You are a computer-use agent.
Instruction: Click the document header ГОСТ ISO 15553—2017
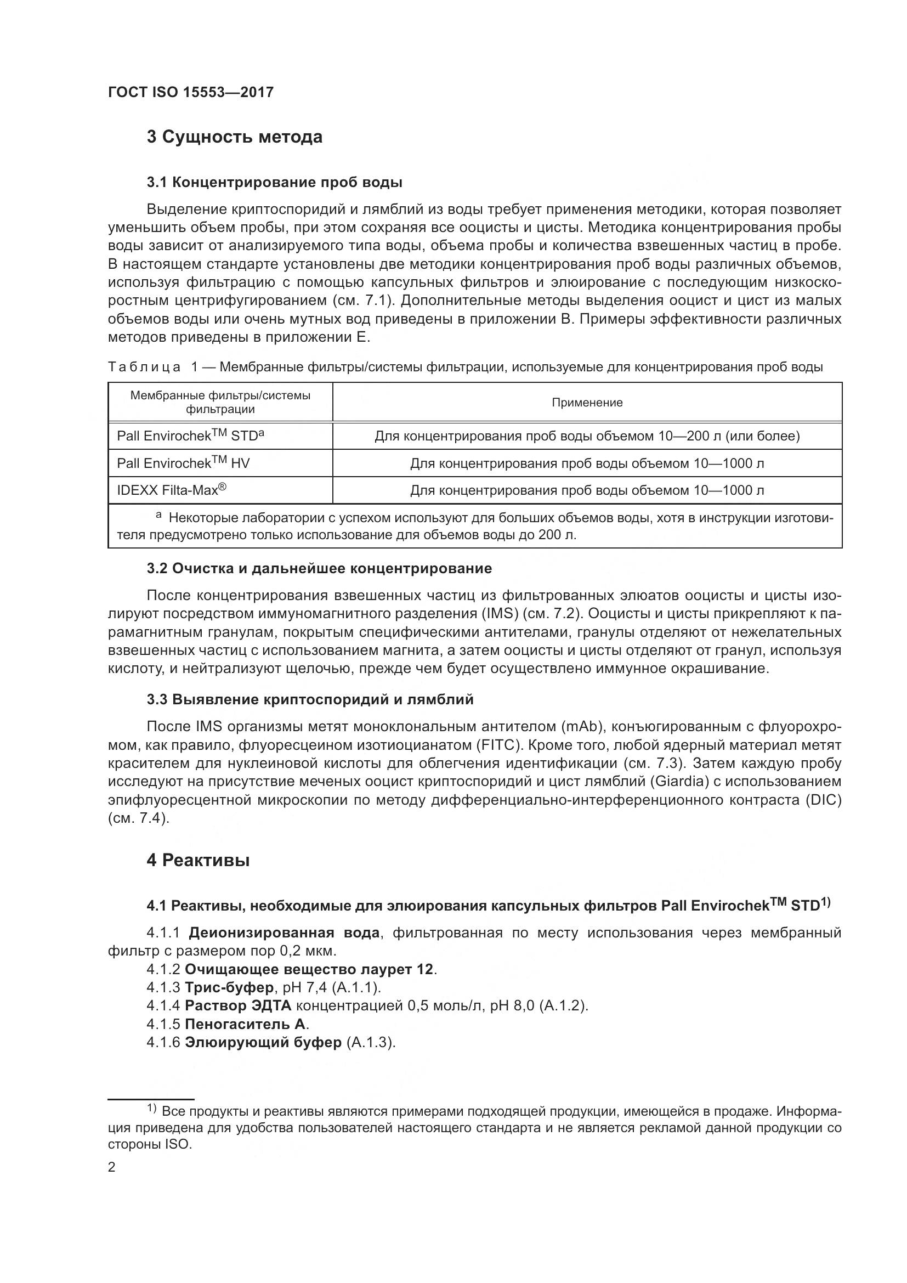pyautogui.click(x=190, y=93)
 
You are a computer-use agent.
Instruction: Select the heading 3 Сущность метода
pyautogui.click(x=234, y=137)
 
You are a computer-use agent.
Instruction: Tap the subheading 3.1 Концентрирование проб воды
pyautogui.click(x=274, y=182)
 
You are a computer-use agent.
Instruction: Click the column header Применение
pyautogui.click(x=587, y=402)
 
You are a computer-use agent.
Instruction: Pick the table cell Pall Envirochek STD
pyautogui.click(x=190, y=436)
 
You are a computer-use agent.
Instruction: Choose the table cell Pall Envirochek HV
pyautogui.click(x=183, y=464)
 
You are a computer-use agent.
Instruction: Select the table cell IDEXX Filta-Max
pyautogui.click(x=172, y=490)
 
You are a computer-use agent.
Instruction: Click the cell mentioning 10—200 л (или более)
pyautogui.click(x=587, y=436)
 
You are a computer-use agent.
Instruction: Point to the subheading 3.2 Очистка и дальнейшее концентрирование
pyautogui.click(x=319, y=569)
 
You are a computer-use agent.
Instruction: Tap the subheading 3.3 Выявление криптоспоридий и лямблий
pyautogui.click(x=310, y=699)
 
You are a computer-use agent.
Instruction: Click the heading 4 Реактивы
pyautogui.click(x=198, y=861)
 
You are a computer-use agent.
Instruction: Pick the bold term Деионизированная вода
pyautogui.click(x=284, y=932)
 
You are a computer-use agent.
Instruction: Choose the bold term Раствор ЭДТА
pyautogui.click(x=238, y=1006)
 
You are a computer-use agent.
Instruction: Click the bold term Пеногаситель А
pyautogui.click(x=245, y=1024)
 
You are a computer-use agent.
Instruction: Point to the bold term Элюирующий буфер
pyautogui.click(x=263, y=1043)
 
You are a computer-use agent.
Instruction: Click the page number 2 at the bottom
pyautogui.click(x=112, y=1167)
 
